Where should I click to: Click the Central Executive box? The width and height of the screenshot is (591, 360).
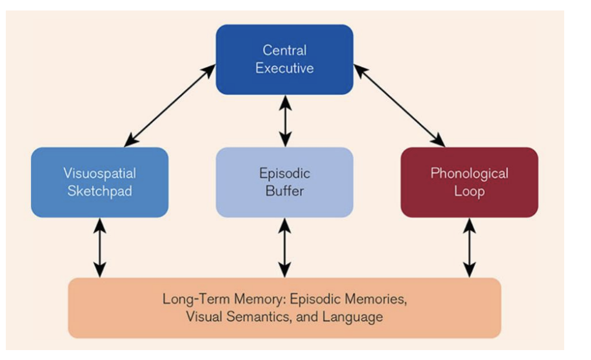point(284,59)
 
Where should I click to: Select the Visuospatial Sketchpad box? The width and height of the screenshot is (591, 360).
point(100,182)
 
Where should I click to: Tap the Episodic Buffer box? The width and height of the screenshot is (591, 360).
point(284,182)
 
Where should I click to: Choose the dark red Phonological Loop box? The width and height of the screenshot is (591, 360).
point(469,182)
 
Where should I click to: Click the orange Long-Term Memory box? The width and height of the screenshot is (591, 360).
point(284,308)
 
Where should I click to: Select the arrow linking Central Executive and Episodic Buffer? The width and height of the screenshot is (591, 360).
point(284,121)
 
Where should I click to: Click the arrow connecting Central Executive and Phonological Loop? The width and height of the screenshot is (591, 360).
point(400,105)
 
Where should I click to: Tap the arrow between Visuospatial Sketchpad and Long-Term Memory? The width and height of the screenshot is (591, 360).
point(100,247)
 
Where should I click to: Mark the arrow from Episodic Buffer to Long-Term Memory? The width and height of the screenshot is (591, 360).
point(284,247)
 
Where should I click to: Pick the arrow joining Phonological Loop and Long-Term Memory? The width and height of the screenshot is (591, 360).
point(469,247)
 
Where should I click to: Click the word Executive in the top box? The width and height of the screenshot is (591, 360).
point(284,68)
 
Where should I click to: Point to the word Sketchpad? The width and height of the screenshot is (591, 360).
point(100,191)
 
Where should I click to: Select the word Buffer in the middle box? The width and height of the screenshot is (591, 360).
point(284,191)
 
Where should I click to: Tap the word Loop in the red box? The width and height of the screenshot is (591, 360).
point(469,191)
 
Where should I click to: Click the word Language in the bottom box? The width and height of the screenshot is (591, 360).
point(357,317)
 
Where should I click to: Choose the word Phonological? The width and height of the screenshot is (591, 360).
point(469,174)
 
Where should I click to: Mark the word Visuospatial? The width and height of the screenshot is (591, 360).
point(100,174)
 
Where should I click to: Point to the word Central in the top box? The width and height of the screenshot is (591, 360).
point(284,50)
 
